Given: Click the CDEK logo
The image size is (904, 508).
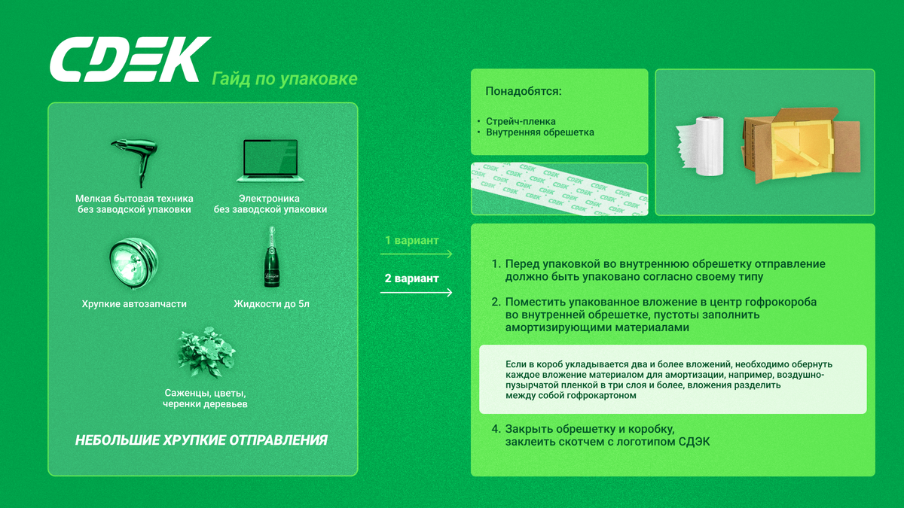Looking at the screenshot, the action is click(130, 59).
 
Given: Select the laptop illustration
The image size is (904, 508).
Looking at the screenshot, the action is click(270, 161).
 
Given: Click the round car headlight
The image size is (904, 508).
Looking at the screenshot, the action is click(133, 263).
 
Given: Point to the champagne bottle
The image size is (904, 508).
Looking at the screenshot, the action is click(272, 257).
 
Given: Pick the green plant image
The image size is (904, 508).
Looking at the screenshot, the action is click(206, 352).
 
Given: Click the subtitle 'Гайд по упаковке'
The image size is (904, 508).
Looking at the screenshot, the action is click(285, 79).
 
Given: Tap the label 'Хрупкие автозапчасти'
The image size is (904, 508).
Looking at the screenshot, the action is click(134, 303).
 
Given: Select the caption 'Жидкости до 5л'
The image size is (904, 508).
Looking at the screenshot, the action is click(272, 303).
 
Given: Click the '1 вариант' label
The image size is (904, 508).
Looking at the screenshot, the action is click(411, 240).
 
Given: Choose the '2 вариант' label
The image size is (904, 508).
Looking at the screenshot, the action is click(411, 278).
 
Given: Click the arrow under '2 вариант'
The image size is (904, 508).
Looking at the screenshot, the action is click(416, 292).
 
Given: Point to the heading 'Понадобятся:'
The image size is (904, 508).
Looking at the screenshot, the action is click(524, 91).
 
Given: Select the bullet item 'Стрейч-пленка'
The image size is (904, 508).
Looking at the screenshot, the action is click(521, 121).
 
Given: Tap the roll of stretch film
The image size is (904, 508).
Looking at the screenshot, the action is click(700, 146).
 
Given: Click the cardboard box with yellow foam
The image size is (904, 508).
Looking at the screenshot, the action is click(801, 145).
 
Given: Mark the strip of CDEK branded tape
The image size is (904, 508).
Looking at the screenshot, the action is click(559, 189).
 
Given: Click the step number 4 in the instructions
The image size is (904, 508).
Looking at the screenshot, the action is click(496, 429).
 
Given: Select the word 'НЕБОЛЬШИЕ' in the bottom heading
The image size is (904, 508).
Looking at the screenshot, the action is click(118, 440).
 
